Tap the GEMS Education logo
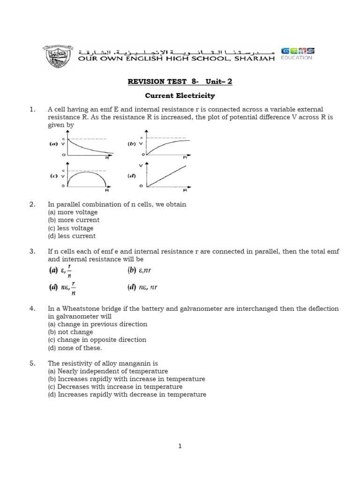(x=297, y=53)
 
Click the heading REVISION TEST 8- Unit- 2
(x=180, y=82)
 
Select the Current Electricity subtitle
(x=180, y=96)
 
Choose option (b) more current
(x=74, y=220)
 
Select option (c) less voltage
(x=71, y=228)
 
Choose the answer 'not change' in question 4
(x=70, y=332)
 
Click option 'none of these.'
(x=75, y=348)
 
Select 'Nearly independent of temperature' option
(x=108, y=371)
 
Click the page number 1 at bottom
(x=180, y=446)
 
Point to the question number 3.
(x=32, y=252)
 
